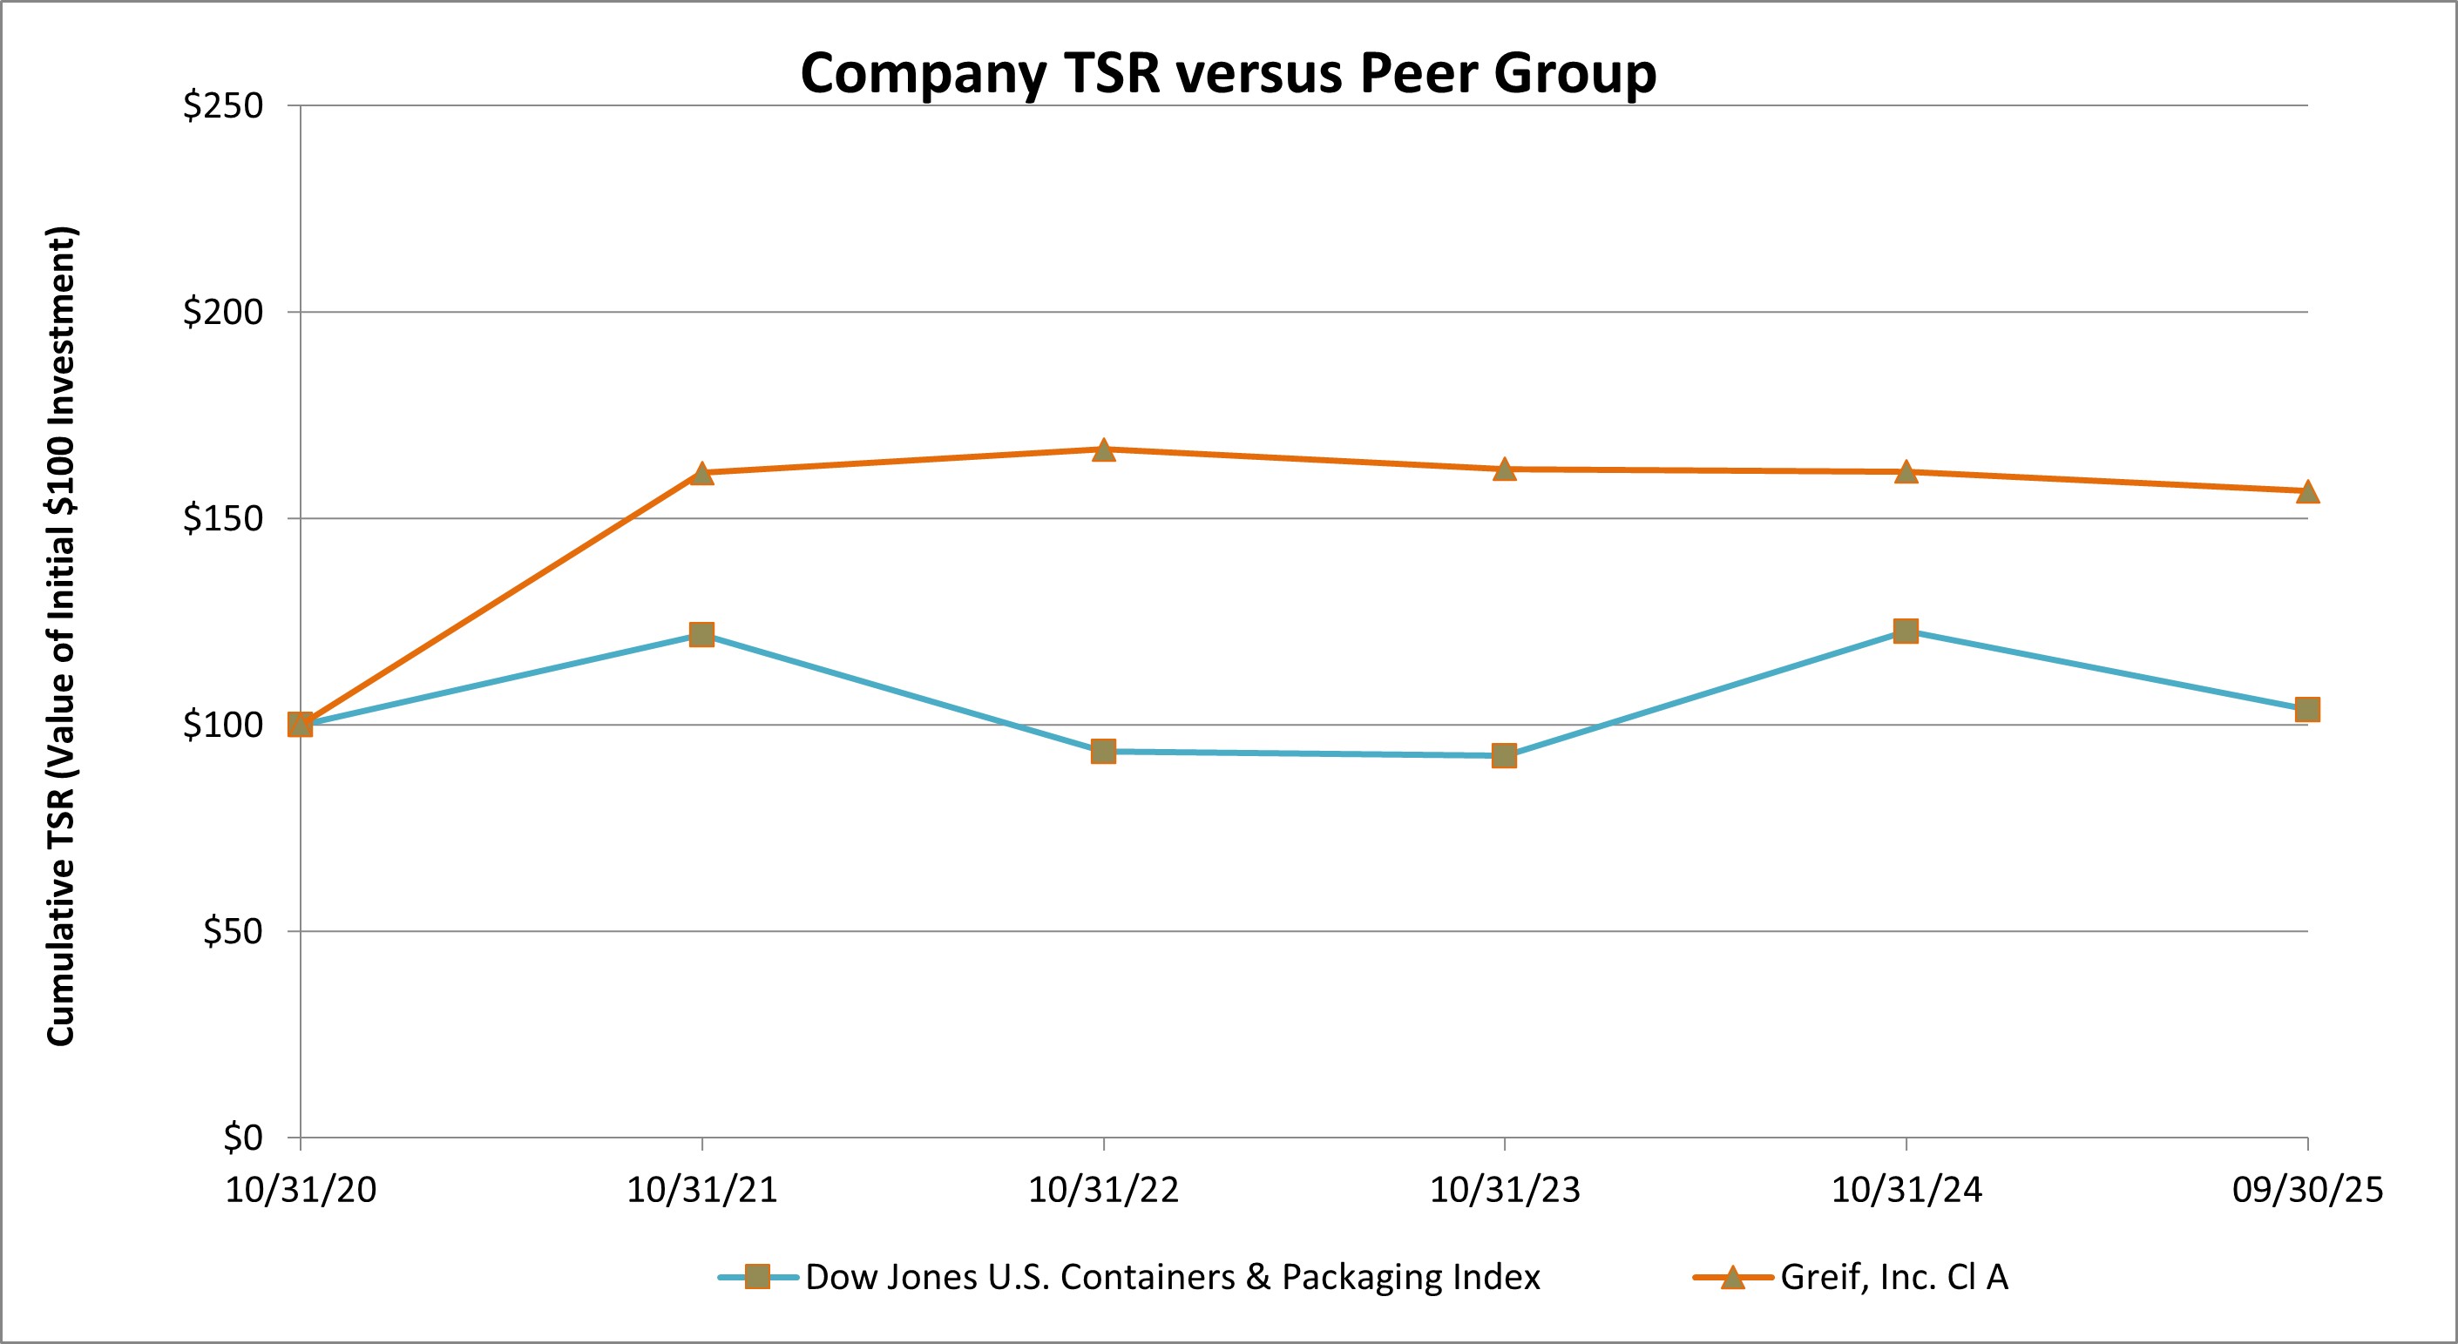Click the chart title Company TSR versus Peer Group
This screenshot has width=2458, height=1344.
(x=1228, y=72)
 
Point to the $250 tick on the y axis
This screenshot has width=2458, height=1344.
(x=222, y=106)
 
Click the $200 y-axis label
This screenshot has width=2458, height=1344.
(x=222, y=312)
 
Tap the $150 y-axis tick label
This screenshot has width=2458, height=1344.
(x=222, y=518)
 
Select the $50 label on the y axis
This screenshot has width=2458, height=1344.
(x=232, y=931)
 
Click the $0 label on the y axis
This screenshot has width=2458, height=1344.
(x=242, y=1137)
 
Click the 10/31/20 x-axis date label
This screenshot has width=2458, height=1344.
(x=301, y=1191)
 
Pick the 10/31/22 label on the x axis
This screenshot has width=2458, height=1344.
(x=1103, y=1191)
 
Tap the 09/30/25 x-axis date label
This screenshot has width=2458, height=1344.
(x=2307, y=1191)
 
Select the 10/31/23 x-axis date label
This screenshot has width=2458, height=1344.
(x=1505, y=1191)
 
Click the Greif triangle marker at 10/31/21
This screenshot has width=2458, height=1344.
(x=701, y=473)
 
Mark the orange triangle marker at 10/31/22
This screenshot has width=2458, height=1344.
(x=1103, y=449)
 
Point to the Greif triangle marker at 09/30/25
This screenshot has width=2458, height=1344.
(x=2307, y=491)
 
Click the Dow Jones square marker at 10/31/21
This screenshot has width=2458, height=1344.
(x=701, y=634)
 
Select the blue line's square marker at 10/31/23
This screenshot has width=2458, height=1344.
(x=1504, y=755)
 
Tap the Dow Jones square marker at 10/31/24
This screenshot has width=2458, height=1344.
(x=1906, y=631)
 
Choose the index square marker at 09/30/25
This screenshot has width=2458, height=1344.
(x=2307, y=709)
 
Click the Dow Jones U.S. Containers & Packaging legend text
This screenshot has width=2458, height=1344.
(x=1172, y=1277)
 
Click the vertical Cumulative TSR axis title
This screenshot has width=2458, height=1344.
(x=61, y=636)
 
